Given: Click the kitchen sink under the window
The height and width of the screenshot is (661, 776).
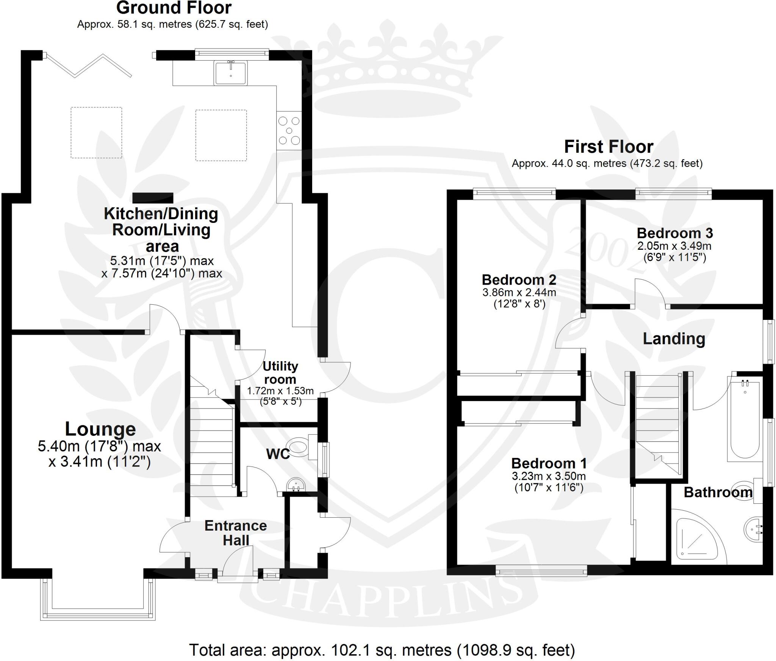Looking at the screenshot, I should click(x=231, y=73).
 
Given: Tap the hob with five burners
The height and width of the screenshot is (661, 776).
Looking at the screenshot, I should click(x=289, y=131).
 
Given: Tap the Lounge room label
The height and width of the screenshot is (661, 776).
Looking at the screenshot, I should click(x=100, y=429).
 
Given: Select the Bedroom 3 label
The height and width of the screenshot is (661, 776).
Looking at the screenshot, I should click(x=674, y=233).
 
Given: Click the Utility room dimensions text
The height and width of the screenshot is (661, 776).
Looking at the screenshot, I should click(x=280, y=396).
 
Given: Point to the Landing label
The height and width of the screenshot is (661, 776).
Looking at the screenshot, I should click(x=674, y=339).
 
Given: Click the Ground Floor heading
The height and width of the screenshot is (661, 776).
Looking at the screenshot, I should click(x=174, y=8).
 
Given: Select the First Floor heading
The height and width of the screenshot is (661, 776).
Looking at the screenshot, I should click(x=609, y=147).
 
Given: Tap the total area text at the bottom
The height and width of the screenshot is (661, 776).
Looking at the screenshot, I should click(x=382, y=650).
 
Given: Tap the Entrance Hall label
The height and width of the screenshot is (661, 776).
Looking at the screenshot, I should click(x=236, y=533).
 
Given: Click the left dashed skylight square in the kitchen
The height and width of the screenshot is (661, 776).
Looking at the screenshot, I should click(x=96, y=132).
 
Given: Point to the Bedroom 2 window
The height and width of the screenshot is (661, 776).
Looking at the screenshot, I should click(x=514, y=194).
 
